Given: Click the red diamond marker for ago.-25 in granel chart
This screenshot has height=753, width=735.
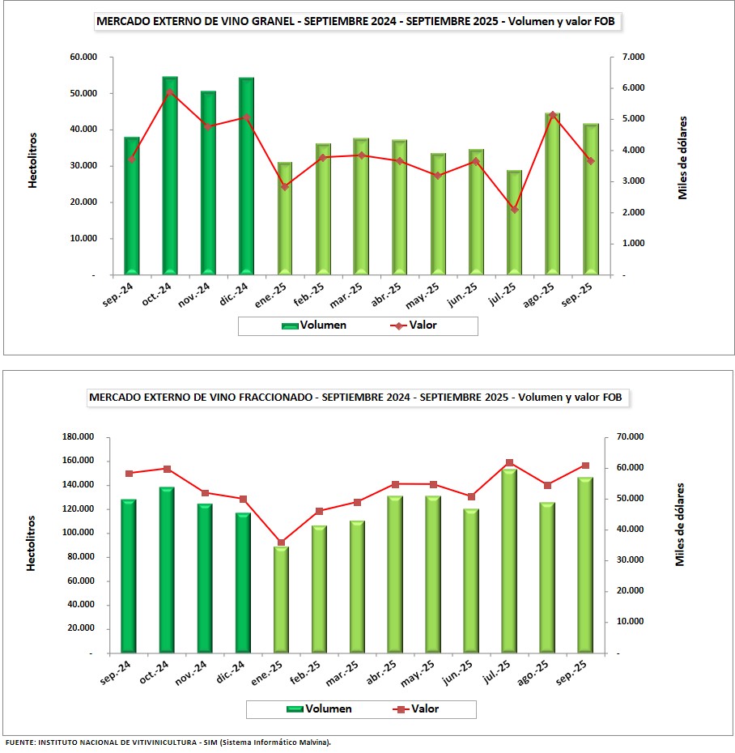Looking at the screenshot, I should (x=553, y=115).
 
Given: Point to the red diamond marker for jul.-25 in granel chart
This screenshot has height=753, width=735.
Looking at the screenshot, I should (x=515, y=210).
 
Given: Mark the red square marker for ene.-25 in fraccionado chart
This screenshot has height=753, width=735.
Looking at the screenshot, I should (x=281, y=542).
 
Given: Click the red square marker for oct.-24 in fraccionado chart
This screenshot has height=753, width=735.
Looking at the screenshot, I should (x=167, y=469).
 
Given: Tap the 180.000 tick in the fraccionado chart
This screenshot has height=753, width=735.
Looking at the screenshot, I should (x=79, y=437).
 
